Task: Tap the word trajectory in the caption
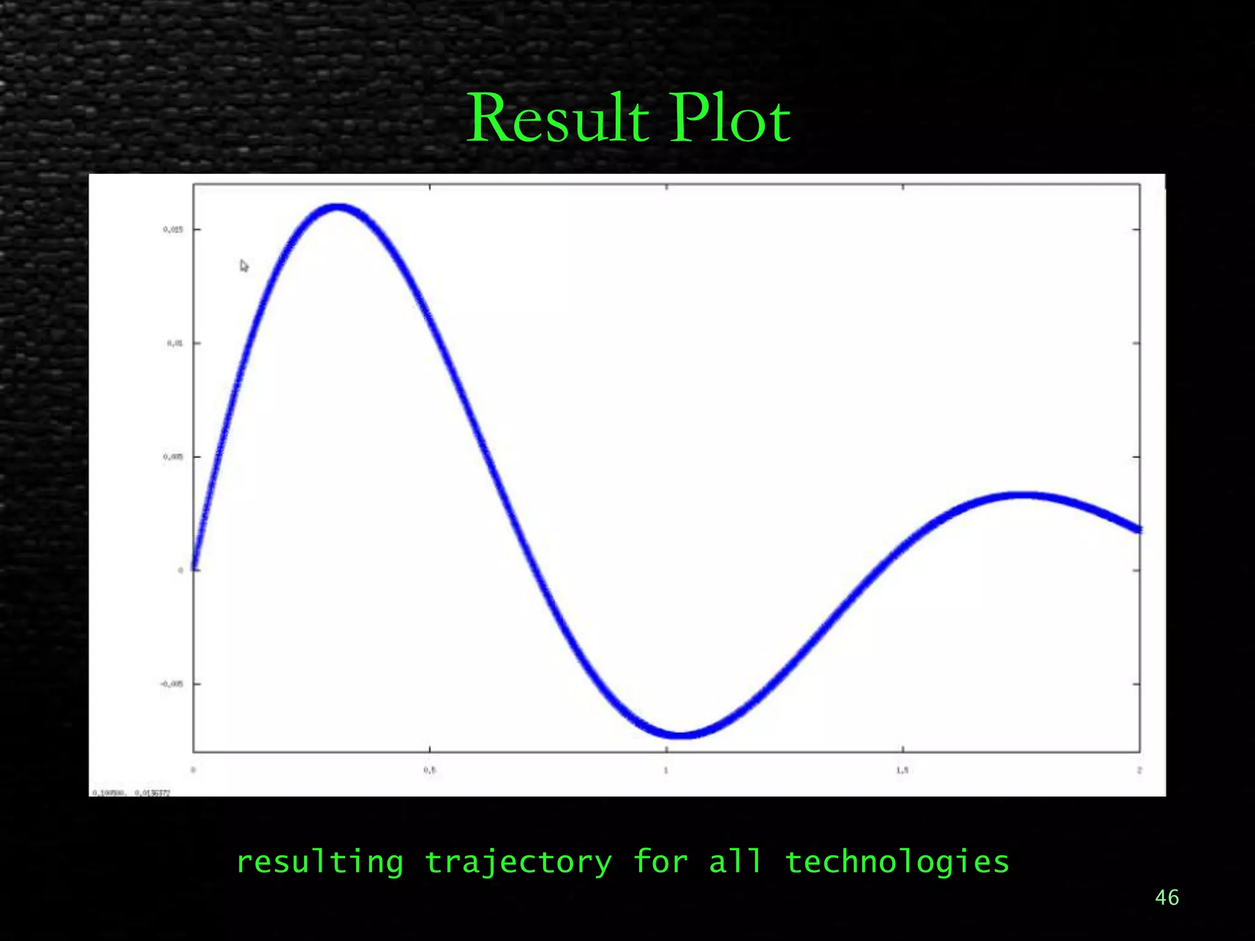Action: point(518,863)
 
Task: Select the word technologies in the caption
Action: point(897,863)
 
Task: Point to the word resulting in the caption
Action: point(320,863)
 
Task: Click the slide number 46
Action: point(1167,898)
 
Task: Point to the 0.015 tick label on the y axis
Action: point(173,230)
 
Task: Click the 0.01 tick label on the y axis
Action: point(175,343)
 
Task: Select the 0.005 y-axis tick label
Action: point(173,456)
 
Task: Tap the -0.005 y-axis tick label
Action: point(172,684)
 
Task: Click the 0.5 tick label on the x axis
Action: point(430,770)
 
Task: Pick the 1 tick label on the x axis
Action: point(666,770)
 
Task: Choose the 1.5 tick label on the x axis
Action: point(902,770)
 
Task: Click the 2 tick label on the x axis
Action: point(1139,770)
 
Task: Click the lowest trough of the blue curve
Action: point(681,735)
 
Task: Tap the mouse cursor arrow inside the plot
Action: point(244,266)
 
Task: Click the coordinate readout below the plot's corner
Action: point(131,793)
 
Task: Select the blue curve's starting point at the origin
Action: point(194,568)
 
